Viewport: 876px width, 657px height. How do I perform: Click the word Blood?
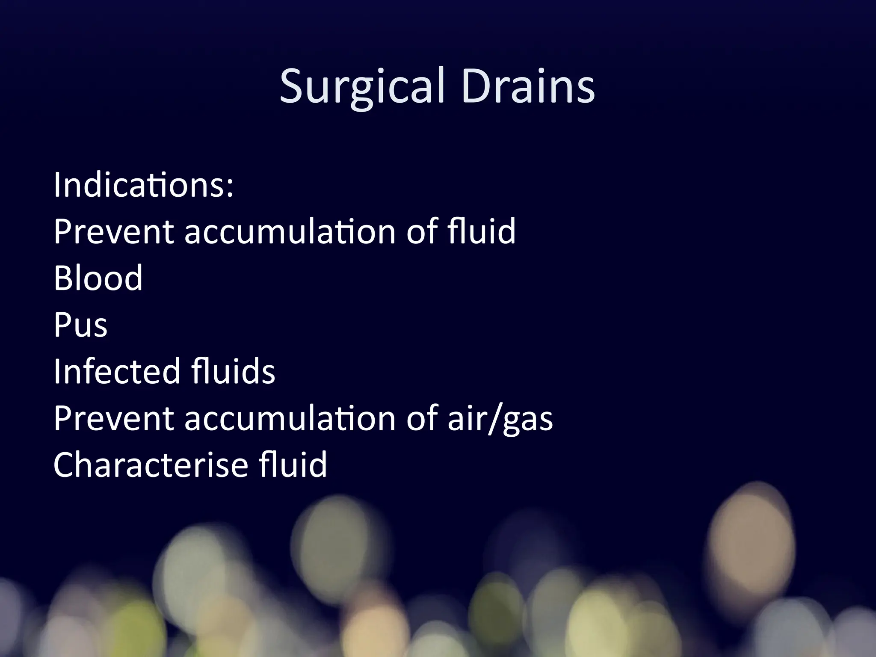tap(98, 278)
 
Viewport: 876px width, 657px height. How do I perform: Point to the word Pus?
tap(80, 325)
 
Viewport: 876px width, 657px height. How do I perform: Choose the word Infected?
tap(116, 371)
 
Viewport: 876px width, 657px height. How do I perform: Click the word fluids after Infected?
tap(233, 371)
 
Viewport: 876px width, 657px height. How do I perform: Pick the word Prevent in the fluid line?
tap(113, 232)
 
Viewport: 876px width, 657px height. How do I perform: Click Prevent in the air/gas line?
tap(113, 418)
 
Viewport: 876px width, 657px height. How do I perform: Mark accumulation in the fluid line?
tap(290, 232)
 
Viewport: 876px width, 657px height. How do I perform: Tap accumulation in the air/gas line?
tap(290, 418)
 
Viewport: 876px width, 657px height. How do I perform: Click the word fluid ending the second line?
tap(481, 232)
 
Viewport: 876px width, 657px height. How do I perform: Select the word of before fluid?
tap(422, 232)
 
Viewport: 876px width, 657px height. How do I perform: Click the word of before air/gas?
tap(422, 418)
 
